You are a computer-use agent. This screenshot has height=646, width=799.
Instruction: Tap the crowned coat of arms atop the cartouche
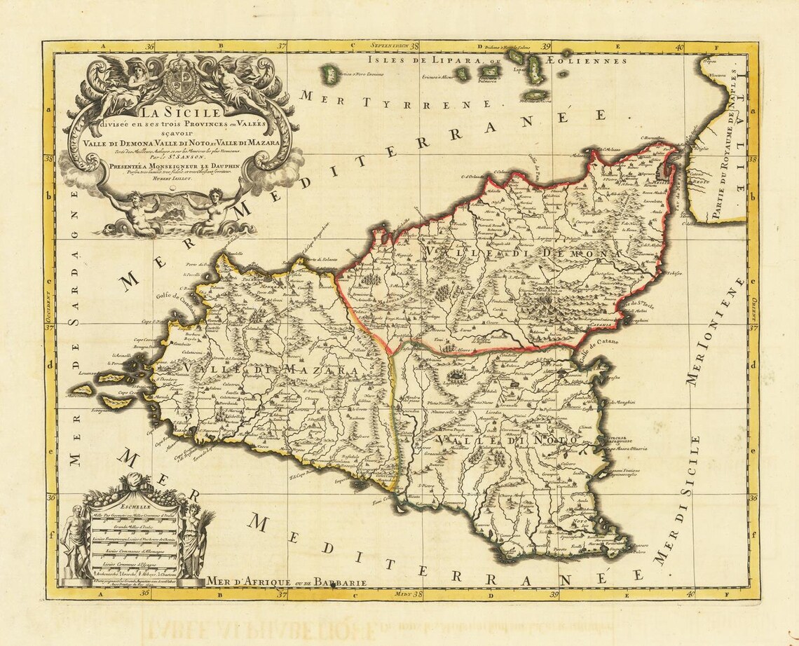pos(183,80)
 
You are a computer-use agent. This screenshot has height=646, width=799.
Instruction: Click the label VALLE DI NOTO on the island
pos(506,440)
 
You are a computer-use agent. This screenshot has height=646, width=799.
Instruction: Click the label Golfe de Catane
pos(601,343)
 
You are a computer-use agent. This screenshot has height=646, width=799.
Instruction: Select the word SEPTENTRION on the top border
pos(390,46)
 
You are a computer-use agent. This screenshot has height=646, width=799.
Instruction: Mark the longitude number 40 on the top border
pos(679,47)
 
